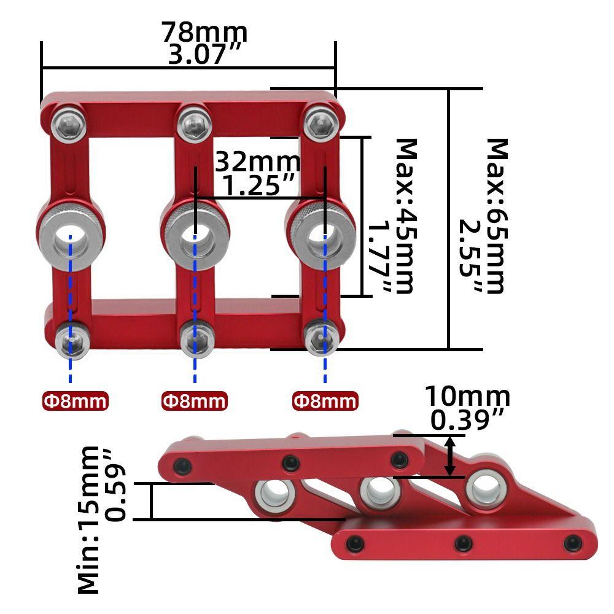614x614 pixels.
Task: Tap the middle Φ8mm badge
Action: point(194,401)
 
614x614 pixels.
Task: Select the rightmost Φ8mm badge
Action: point(325,401)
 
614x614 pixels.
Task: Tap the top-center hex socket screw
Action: point(195,122)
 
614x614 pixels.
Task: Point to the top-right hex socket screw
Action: point(321,122)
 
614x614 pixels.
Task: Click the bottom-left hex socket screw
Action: point(71,340)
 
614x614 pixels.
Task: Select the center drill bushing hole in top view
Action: point(195,236)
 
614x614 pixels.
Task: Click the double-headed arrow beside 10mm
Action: point(451,456)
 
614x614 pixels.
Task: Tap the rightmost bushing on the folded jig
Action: point(486,490)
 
